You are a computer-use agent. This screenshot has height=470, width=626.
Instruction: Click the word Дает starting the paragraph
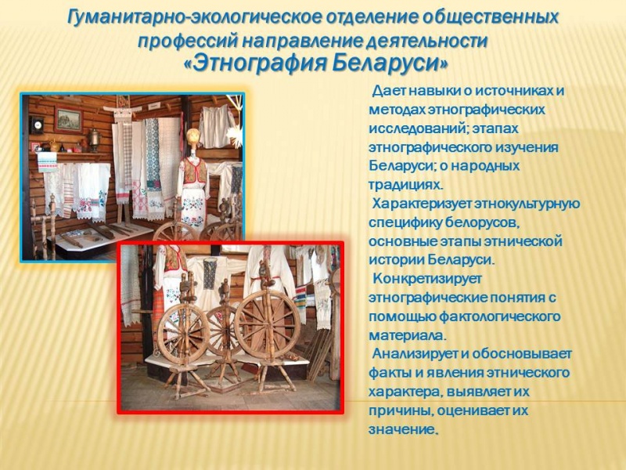pyautogui.click(x=389, y=91)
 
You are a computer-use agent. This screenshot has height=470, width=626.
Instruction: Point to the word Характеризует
pyautogui.click(x=423, y=204)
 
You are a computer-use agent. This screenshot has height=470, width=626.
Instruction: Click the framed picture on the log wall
pyautogui.click(x=69, y=119)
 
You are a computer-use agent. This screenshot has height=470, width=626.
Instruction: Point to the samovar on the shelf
pyautogui.click(x=94, y=139)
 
